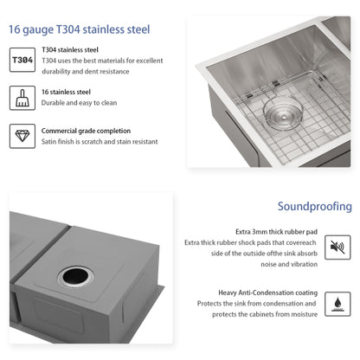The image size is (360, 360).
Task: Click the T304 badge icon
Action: [25, 61]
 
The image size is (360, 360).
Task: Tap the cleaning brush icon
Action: [25, 98]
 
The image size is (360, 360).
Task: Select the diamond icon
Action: [25, 136]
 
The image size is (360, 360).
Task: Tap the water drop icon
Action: [337, 305]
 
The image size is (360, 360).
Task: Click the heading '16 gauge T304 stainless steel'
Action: [79, 29]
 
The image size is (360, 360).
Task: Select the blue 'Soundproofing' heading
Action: [314, 207]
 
